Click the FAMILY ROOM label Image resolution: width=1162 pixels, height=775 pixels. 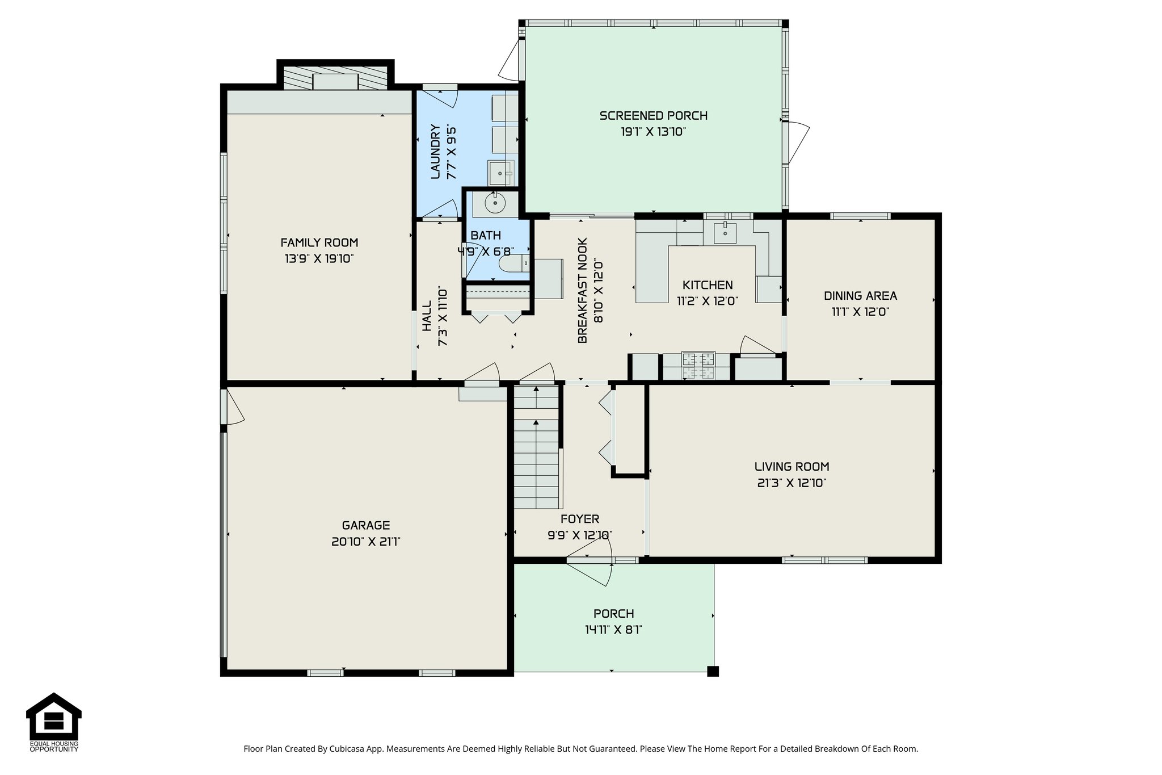(x=319, y=242)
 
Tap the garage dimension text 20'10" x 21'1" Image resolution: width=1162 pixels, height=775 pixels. (x=366, y=542)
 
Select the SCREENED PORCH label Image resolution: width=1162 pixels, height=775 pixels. (x=653, y=116)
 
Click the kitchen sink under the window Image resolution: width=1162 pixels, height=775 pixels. (x=725, y=232)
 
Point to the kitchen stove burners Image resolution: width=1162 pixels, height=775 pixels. (x=698, y=366)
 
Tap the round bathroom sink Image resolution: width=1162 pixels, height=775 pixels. (x=495, y=203)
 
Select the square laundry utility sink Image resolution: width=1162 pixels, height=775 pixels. (x=500, y=173)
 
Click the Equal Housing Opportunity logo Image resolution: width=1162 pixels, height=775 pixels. (x=54, y=722)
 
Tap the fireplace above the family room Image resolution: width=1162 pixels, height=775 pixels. (x=335, y=77)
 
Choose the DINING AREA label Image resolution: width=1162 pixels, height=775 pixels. (x=860, y=296)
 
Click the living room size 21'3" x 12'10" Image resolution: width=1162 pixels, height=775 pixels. (x=791, y=483)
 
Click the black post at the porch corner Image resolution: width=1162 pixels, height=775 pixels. (x=713, y=671)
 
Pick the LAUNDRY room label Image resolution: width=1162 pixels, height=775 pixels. (x=436, y=152)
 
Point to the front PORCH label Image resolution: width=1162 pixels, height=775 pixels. (x=613, y=614)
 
